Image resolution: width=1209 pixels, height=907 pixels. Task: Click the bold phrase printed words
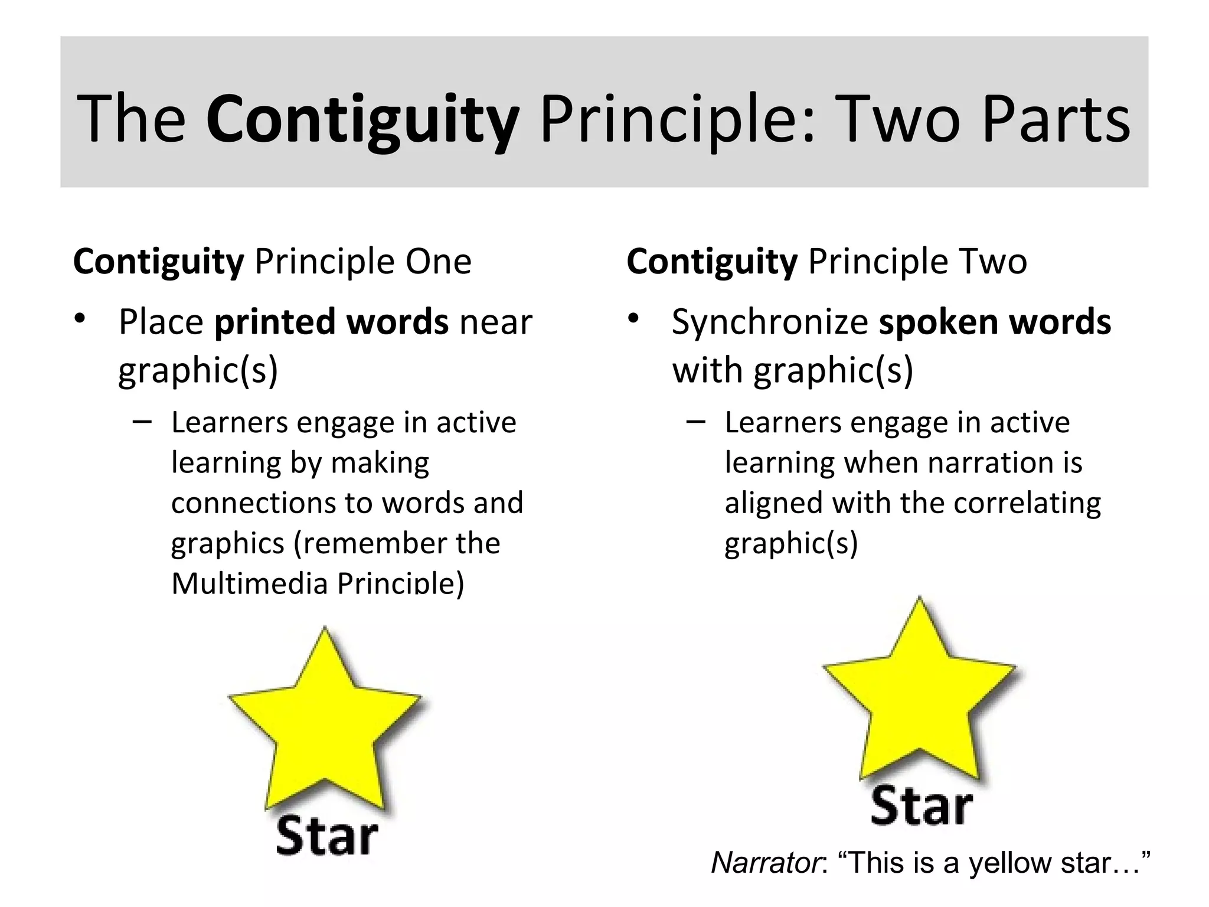click(x=331, y=322)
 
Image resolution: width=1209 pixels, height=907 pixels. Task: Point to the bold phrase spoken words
click(x=995, y=322)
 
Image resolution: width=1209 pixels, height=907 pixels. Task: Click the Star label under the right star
click(x=921, y=805)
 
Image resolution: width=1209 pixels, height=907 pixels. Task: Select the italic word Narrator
click(x=766, y=863)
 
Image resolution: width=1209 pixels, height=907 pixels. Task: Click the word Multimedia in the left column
click(x=249, y=583)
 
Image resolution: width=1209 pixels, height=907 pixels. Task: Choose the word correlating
click(x=1027, y=504)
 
